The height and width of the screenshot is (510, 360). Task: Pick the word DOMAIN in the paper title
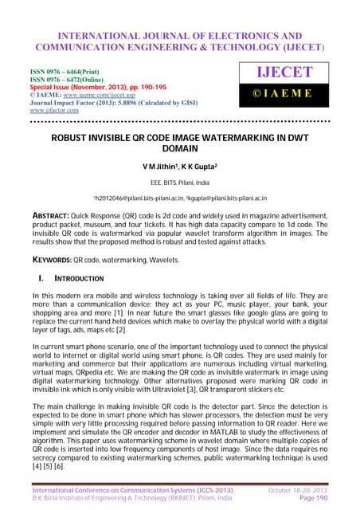180,150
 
